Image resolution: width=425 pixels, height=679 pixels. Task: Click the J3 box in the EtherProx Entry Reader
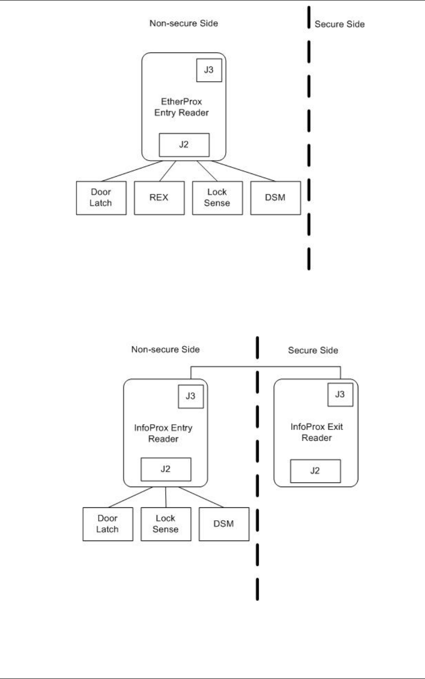tap(209, 70)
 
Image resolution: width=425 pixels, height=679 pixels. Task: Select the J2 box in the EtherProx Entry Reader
tap(184, 145)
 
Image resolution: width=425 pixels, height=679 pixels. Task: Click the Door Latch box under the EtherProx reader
tap(101, 198)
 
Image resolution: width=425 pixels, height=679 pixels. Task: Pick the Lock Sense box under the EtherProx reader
tap(217, 198)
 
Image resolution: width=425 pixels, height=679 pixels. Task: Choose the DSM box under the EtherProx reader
tap(275, 198)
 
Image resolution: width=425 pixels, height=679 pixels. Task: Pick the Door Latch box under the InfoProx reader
tap(107, 524)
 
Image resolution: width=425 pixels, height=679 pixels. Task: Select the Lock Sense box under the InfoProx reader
tap(165, 524)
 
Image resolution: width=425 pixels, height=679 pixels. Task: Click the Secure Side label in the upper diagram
tap(339, 24)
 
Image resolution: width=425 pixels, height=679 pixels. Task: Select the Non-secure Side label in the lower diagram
tap(165, 349)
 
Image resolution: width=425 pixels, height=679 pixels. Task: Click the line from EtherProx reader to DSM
tap(244, 171)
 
